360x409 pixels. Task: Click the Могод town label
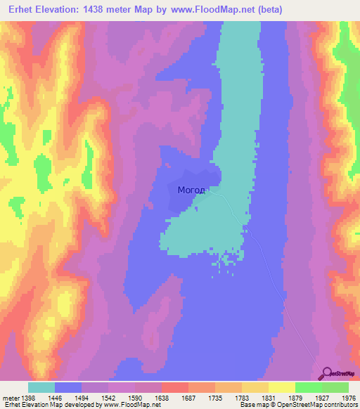pyautogui.click(x=191, y=190)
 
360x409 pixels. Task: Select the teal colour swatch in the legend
pyautogui.click(x=41, y=388)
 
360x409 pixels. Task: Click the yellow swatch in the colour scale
pyautogui.click(x=281, y=388)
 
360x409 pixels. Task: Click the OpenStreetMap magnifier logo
pyautogui.click(x=326, y=373)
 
